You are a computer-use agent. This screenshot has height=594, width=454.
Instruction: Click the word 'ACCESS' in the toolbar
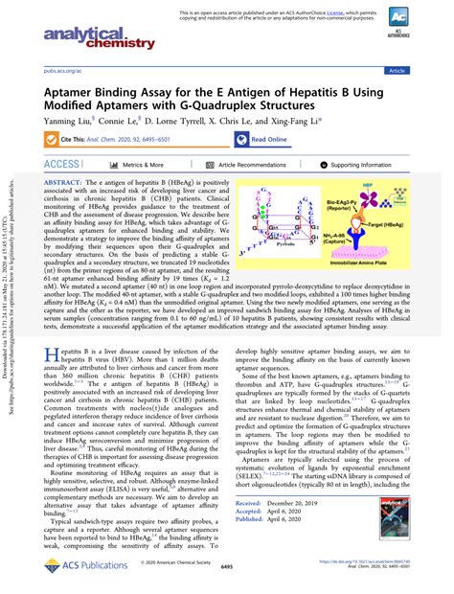click(62, 165)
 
